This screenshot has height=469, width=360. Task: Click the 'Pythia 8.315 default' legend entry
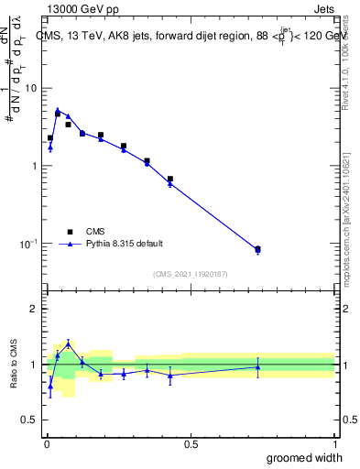[x=124, y=244]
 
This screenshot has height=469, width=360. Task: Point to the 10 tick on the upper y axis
[x=30, y=88]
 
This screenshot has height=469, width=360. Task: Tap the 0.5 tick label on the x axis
[x=191, y=444]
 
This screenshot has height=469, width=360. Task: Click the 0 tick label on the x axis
[x=46, y=444]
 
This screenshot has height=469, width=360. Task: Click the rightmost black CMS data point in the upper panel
[x=257, y=248]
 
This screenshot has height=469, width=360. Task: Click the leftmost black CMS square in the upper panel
[x=50, y=137]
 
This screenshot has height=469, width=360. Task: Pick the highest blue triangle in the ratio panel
[x=68, y=344]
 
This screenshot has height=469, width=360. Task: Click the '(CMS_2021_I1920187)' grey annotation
[x=191, y=273]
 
